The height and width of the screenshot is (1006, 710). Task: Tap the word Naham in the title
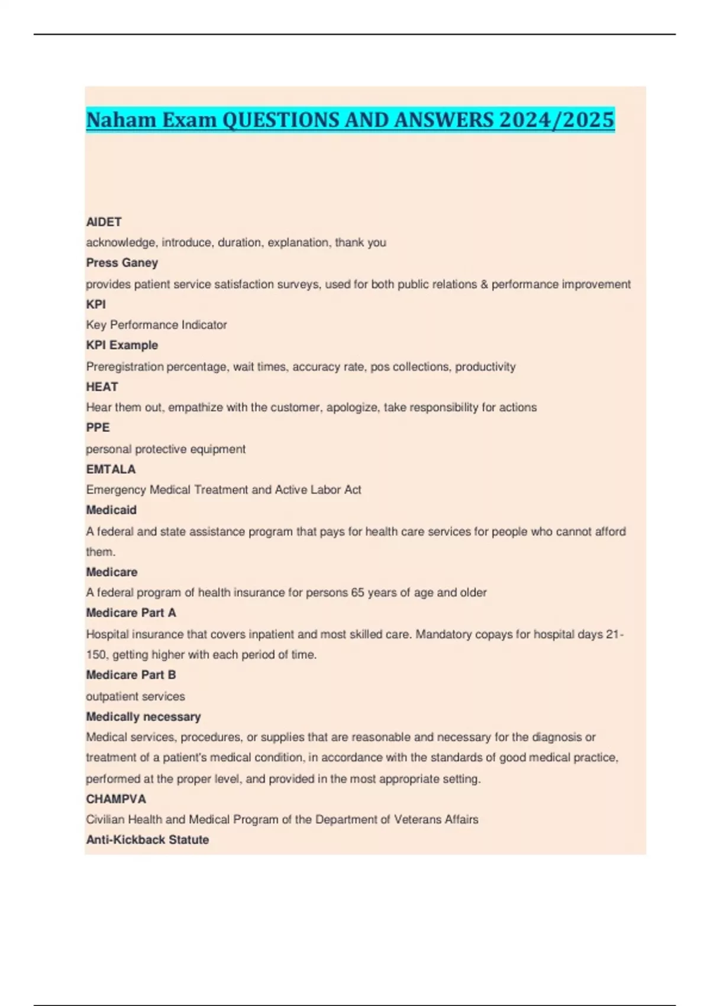122,120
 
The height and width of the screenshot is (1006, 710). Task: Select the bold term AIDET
104,222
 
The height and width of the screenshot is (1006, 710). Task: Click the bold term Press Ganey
122,263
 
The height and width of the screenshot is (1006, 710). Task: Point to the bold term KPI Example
122,345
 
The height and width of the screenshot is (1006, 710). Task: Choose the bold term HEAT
102,386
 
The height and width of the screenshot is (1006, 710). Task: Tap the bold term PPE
98,427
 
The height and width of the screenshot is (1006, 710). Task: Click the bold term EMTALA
111,469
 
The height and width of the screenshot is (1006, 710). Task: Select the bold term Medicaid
111,510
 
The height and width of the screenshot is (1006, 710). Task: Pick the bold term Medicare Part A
131,613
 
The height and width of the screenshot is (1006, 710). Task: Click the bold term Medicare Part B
131,675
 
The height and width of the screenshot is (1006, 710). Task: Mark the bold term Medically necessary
143,717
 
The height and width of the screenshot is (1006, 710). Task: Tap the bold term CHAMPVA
116,799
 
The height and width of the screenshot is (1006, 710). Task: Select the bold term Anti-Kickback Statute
147,840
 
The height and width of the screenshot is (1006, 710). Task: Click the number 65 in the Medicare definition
357,592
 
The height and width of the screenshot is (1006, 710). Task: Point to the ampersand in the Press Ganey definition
484,284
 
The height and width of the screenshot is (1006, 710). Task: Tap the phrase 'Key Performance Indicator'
156,325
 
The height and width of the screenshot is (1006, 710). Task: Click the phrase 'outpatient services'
135,697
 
